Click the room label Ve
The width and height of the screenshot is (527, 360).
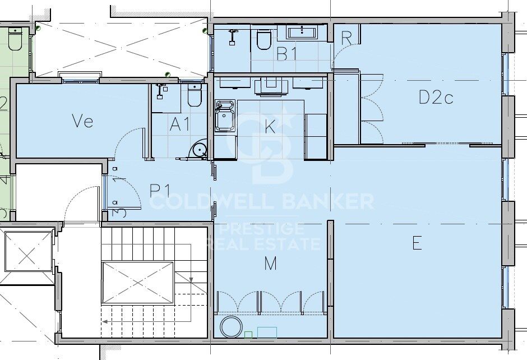82,121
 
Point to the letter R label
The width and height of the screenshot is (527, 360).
346,39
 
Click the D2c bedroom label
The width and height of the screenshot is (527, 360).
436,98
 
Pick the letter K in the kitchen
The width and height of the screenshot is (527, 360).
270,127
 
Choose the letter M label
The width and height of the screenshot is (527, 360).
270,263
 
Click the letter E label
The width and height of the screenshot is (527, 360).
417,243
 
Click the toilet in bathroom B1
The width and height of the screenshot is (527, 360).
263,39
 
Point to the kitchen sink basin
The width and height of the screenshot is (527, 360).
226,119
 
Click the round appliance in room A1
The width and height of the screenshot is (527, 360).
199,150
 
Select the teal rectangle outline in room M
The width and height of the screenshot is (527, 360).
267,333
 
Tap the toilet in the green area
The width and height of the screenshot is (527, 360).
15,40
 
